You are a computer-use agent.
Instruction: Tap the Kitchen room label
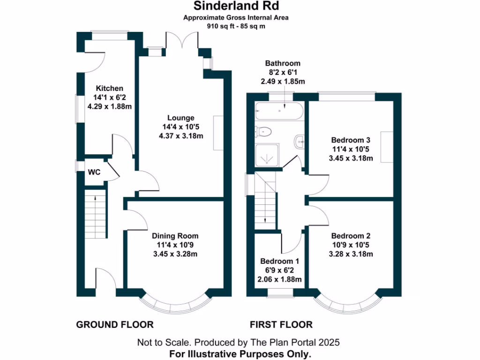(x=110, y=89)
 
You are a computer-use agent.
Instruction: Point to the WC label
(x=94, y=172)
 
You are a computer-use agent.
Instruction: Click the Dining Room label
(x=175, y=236)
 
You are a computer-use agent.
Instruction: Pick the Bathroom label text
(x=283, y=63)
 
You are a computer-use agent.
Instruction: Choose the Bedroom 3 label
(x=351, y=140)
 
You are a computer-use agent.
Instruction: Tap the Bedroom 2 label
(x=351, y=236)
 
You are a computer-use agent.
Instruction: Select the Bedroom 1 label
(x=280, y=261)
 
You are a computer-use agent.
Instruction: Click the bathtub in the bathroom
(x=279, y=112)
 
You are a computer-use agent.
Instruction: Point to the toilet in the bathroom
(x=264, y=132)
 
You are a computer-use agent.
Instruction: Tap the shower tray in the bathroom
(x=268, y=155)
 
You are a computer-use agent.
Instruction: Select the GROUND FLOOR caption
(x=115, y=324)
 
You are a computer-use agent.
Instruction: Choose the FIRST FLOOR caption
(x=281, y=324)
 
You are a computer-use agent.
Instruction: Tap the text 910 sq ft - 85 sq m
(x=236, y=26)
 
